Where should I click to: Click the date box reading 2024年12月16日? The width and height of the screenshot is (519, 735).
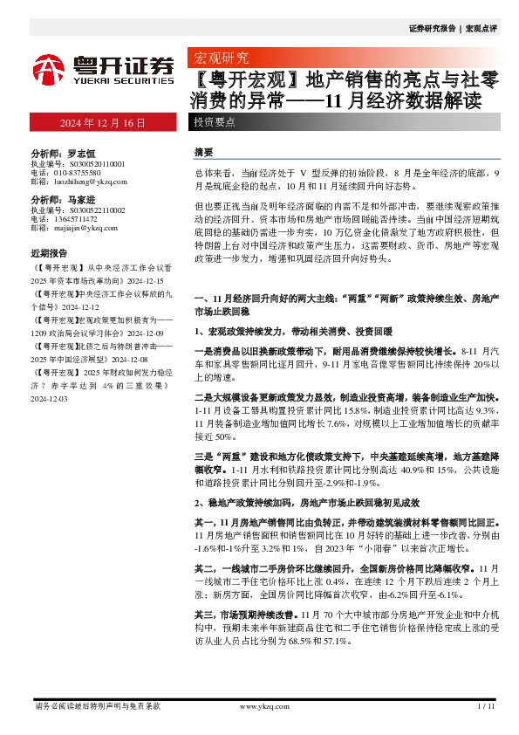point(102,122)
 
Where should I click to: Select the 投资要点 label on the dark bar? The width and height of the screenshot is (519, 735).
point(215,122)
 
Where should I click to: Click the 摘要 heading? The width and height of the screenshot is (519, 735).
point(203,151)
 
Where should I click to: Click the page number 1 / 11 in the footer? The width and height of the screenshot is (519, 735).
point(486,704)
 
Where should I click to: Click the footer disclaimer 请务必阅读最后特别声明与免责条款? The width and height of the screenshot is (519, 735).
point(97,704)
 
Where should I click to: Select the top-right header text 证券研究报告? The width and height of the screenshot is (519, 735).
point(433,28)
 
